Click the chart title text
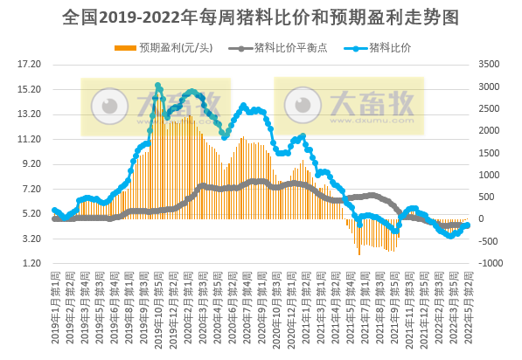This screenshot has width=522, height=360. [261, 17]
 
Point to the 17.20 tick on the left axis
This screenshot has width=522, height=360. [31, 64]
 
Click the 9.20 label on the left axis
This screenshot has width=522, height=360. [31, 163]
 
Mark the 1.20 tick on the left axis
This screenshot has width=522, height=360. [31, 264]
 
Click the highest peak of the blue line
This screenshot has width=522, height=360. [158, 86]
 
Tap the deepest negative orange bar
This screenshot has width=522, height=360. [358, 254]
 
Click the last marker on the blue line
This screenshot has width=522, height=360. [468, 225]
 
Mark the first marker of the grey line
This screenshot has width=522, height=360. [54, 218]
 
